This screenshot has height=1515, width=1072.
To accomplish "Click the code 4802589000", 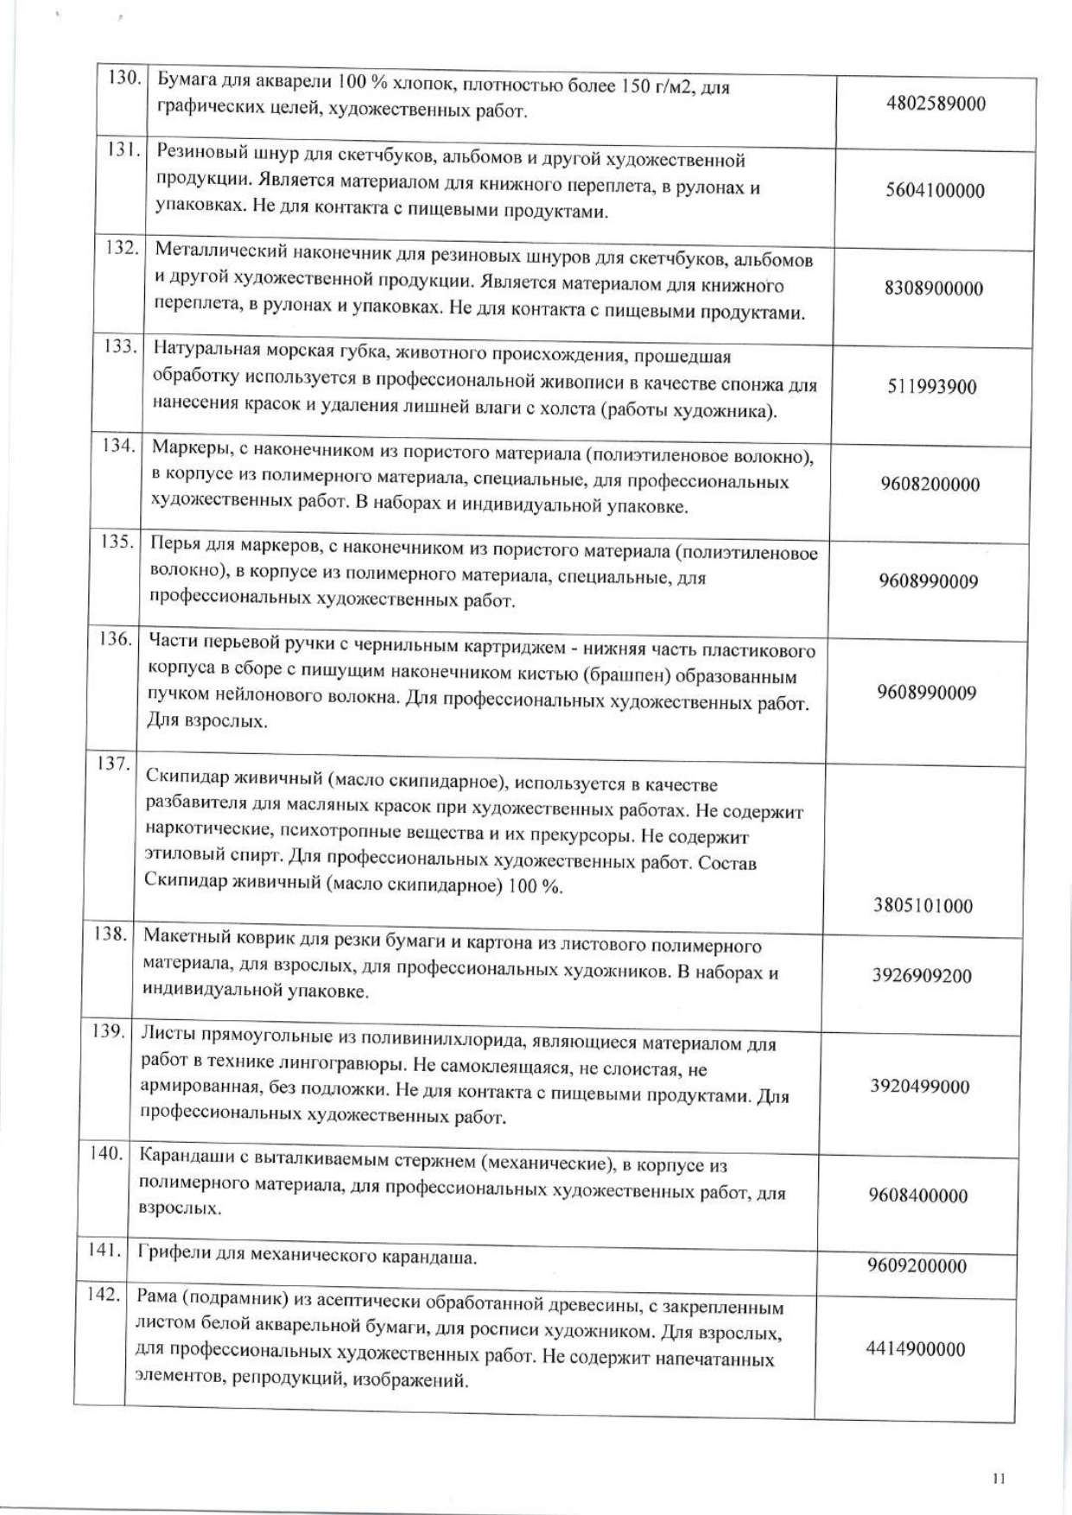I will [x=936, y=105].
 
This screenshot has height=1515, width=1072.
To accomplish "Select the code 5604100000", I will [x=935, y=191].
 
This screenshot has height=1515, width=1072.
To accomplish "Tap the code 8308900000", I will [x=933, y=288].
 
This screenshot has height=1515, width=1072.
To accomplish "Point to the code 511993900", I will [x=932, y=387].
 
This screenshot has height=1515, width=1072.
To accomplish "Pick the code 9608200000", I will [x=930, y=485].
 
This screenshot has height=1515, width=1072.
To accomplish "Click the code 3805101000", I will [x=923, y=906].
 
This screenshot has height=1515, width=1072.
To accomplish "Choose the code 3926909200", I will [x=922, y=976].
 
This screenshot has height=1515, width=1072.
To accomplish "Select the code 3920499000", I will [x=920, y=1087].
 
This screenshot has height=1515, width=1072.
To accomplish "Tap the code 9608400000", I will [x=918, y=1196].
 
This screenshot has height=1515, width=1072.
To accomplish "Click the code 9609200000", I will [x=917, y=1266].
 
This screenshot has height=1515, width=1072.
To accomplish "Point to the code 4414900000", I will [x=916, y=1349].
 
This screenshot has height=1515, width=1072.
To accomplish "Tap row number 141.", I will [x=105, y=1249].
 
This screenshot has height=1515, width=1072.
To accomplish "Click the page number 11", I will [x=999, y=1478].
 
